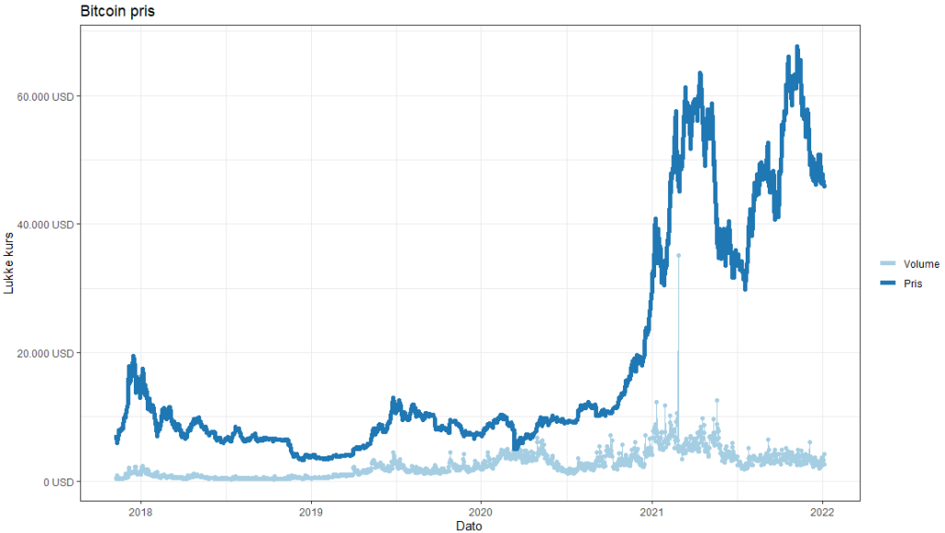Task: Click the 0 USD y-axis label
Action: [x=56, y=481]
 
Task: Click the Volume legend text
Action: [x=921, y=264]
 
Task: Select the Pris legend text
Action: [x=913, y=284]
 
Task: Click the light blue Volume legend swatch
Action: [x=889, y=264]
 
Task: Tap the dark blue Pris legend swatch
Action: [x=889, y=284]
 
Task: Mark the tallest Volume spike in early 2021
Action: [x=678, y=255]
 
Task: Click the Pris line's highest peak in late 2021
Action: [x=797, y=46]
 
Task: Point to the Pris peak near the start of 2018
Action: [x=133, y=356]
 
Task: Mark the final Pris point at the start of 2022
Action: [x=824, y=186]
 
